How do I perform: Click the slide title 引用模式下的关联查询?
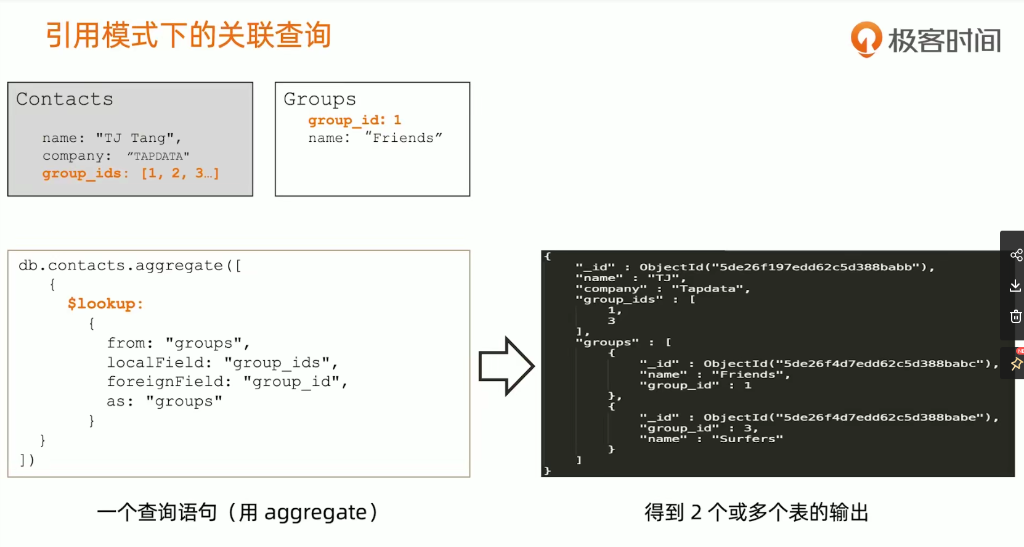click(x=189, y=35)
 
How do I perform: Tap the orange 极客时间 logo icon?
click(x=866, y=39)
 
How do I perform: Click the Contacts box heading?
click(x=65, y=99)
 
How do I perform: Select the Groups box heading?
click(x=320, y=99)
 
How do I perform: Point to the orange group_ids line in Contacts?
click(x=131, y=173)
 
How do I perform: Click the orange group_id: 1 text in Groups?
click(x=354, y=120)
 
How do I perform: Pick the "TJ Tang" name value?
click(x=138, y=138)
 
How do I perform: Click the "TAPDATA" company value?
click(x=158, y=156)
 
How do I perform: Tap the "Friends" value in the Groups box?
click(x=404, y=138)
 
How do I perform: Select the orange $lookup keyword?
click(x=105, y=303)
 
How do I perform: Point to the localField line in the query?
click(x=222, y=363)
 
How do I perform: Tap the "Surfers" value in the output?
click(x=747, y=439)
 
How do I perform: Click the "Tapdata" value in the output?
click(x=710, y=289)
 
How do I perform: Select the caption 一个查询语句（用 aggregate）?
click(x=237, y=512)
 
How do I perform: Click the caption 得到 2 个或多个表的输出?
click(x=757, y=512)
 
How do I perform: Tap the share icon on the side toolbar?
click(x=1016, y=255)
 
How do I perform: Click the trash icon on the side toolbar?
click(x=1016, y=316)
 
